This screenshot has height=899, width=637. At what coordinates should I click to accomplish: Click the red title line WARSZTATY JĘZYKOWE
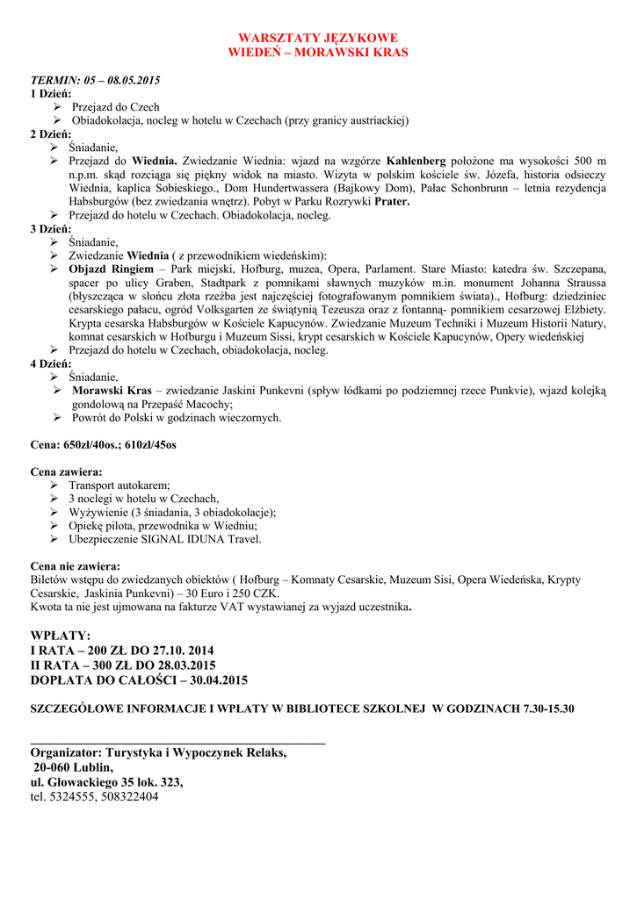click(x=318, y=38)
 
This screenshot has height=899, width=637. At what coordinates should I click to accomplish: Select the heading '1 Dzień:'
click(x=51, y=93)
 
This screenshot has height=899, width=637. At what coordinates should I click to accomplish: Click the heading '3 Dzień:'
click(x=51, y=228)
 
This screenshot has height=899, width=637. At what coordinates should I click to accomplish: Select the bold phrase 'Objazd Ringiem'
click(x=112, y=268)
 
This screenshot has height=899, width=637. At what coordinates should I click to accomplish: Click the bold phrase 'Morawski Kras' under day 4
click(x=112, y=390)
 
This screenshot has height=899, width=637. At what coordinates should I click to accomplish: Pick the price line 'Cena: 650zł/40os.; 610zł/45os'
click(x=104, y=445)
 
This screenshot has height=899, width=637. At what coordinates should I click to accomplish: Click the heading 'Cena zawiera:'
click(x=66, y=471)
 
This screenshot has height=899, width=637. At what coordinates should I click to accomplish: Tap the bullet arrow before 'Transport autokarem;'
click(x=57, y=485)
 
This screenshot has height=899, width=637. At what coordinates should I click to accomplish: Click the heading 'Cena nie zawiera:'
click(x=76, y=565)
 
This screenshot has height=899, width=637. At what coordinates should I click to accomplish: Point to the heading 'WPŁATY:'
click(x=61, y=635)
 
